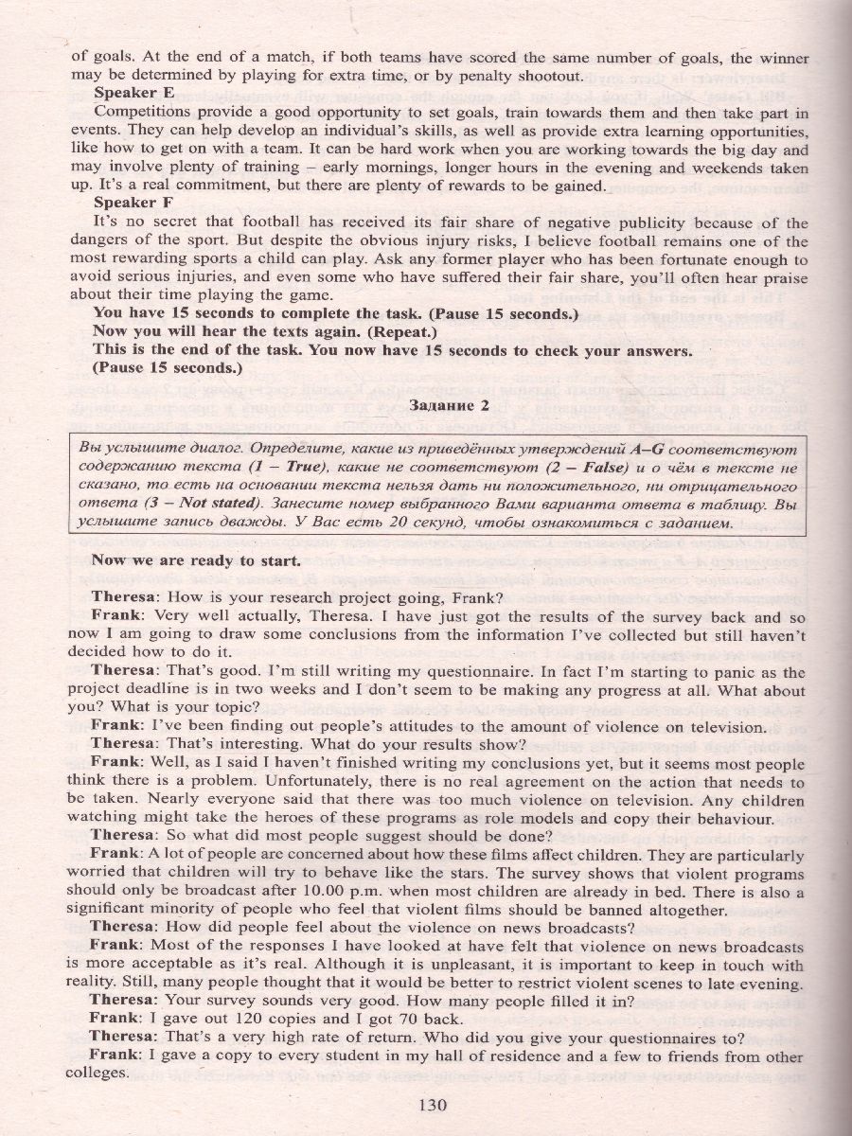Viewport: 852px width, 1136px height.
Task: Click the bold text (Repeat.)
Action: tap(400, 332)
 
